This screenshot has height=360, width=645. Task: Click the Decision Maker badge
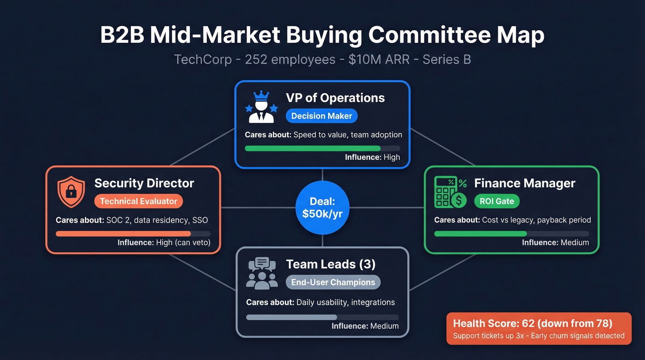[322, 116]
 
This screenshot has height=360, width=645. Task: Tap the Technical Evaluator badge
[139, 201]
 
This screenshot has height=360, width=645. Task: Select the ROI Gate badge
[497, 201]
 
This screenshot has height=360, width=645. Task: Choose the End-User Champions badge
[333, 282]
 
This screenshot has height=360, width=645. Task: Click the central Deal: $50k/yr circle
[322, 207]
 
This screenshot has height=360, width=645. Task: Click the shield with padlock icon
[71, 192]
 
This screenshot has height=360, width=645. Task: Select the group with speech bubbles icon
[262, 273]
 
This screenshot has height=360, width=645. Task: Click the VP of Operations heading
[335, 98]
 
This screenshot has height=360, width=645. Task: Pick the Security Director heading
[144, 183]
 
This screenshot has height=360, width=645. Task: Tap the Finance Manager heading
[524, 183]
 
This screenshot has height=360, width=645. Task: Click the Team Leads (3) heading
[330, 264]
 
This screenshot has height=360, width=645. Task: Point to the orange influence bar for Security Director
[123, 234]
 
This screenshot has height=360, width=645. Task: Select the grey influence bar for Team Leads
[292, 317]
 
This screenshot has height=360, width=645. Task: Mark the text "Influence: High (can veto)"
[164, 242]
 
